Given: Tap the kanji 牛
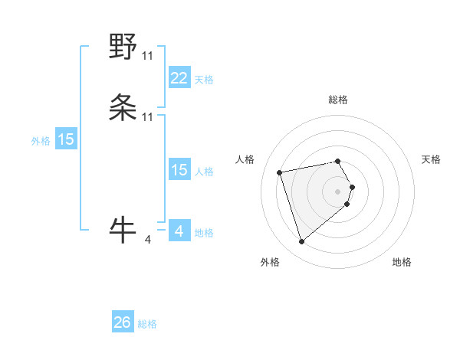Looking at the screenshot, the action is [123, 227].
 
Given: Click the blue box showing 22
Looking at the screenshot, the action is [179, 77].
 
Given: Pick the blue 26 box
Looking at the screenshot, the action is [123, 322].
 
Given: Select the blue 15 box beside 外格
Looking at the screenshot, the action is [65, 139].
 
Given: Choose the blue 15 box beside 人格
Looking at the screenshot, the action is [179, 170].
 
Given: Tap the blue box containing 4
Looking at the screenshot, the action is [179, 231].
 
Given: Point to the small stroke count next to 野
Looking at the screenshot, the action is [147, 56].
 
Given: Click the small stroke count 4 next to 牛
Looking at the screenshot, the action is [147, 240].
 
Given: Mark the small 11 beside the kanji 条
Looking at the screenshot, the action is [147, 116].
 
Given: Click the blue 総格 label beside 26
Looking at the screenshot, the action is [147, 324].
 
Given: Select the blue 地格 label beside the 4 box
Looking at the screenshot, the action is [204, 233].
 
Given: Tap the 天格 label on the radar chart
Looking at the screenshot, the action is [431, 159].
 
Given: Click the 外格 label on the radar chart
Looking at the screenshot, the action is [270, 262].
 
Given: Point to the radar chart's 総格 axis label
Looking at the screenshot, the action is [338, 100].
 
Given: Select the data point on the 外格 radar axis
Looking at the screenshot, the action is [301, 242].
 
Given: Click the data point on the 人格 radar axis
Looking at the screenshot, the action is [280, 172].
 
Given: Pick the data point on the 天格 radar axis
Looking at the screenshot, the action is [352, 187].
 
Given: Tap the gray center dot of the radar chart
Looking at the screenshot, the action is [338, 191].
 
